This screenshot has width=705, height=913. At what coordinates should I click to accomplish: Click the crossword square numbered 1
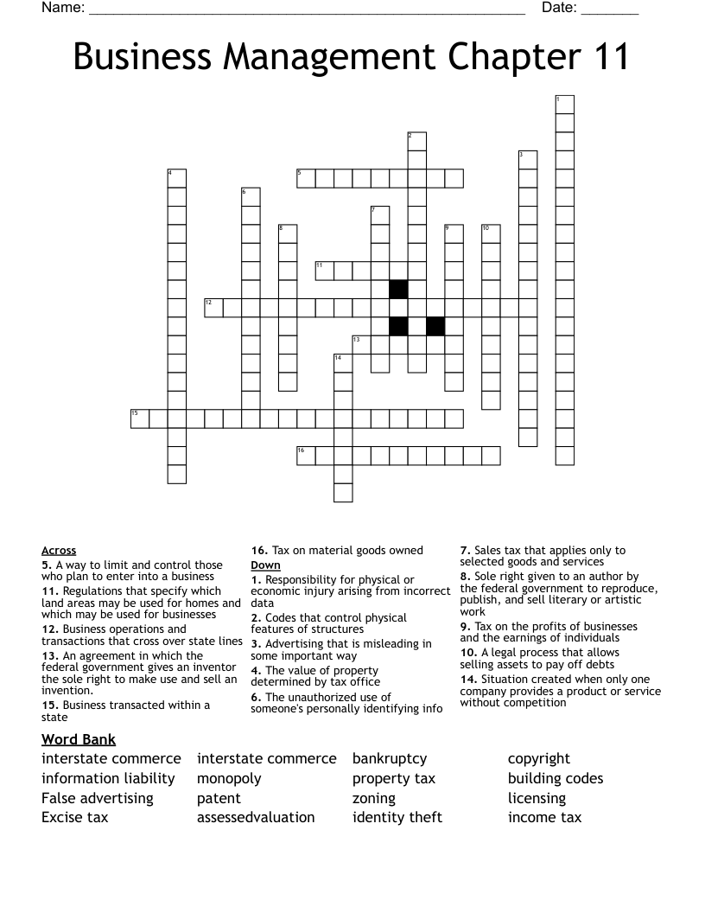pos(564,105)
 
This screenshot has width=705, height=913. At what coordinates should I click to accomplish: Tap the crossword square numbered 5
pos(306,178)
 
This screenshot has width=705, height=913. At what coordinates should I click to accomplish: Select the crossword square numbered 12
pos(213,307)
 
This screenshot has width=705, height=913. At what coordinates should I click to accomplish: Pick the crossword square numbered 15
pos(140,418)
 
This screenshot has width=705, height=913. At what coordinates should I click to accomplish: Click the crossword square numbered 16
pos(306,456)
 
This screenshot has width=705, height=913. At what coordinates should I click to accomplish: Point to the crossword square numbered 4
pos(176,178)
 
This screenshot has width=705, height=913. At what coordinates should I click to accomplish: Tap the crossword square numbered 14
pos(343,363)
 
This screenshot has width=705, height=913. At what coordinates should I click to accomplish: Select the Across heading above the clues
pos(59,551)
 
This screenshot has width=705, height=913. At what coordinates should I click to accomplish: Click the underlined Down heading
pos(265,565)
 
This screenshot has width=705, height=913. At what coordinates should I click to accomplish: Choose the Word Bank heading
pos(79,739)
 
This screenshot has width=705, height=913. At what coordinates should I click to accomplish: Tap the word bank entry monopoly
pos(229,778)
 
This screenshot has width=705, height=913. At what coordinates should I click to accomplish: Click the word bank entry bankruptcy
pos(390,759)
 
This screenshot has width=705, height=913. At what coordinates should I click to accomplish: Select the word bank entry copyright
pos(539,759)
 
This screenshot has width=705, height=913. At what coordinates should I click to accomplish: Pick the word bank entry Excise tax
pos(74,817)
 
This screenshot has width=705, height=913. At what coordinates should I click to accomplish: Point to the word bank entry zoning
pos(374,798)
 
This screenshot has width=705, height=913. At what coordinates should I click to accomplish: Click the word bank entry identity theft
pos(397,817)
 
